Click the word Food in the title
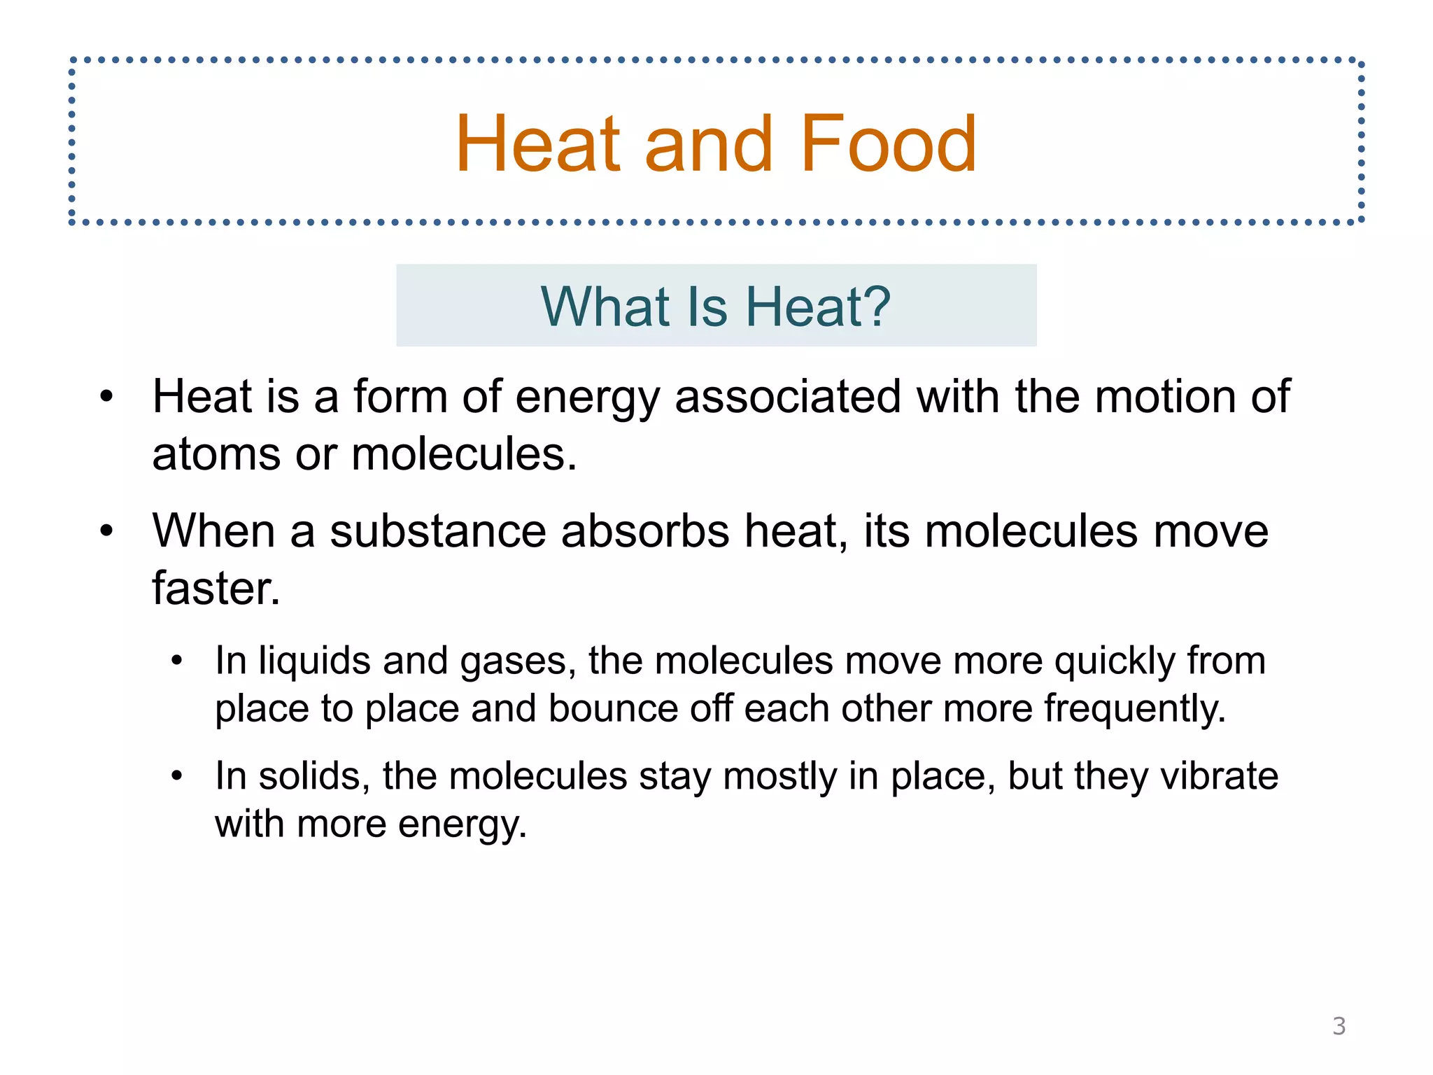pos(887,144)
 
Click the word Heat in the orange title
pos(537,144)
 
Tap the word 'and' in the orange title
pos(708,144)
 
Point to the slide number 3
pos(1339,1026)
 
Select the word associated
pos(787,397)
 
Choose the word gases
pos(518,662)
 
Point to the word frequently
pos(1134,710)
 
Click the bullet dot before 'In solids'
pos(177,776)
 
